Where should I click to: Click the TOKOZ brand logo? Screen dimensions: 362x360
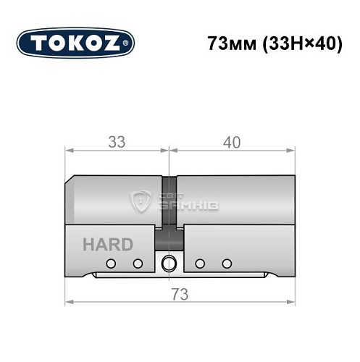click(75, 42)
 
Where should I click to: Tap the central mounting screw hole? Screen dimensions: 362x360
click(169, 262)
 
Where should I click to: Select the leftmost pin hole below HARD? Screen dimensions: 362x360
click(112, 262)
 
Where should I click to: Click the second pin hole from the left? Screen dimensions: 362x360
click(137, 262)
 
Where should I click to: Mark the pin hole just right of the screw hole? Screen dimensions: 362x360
click(201, 262)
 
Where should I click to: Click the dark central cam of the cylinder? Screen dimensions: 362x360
click(169, 206)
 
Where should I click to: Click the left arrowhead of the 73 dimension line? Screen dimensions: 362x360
click(69, 303)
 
